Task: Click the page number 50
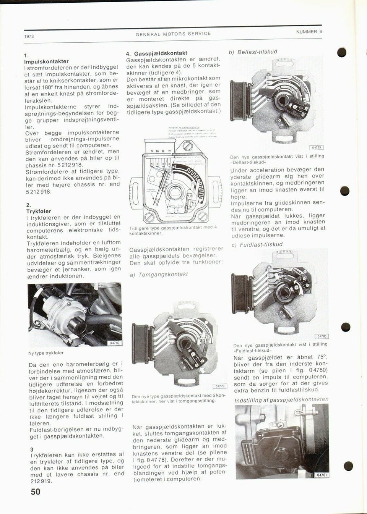(x=36, y=492)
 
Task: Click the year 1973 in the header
(x=29, y=37)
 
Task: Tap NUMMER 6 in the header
(x=309, y=32)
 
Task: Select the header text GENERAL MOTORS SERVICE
(x=173, y=34)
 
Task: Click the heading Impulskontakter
(x=47, y=61)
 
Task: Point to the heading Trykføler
(x=39, y=211)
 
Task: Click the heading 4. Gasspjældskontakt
(x=157, y=53)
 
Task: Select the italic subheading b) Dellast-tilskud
(x=253, y=52)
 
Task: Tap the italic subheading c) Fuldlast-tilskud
(x=257, y=244)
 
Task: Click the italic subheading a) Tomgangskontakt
(x=159, y=274)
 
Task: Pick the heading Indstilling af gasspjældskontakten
(x=281, y=399)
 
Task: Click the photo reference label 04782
(x=115, y=343)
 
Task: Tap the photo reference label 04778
(x=220, y=386)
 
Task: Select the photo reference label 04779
(x=317, y=147)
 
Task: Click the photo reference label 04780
(x=322, y=336)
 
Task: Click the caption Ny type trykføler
(x=46, y=353)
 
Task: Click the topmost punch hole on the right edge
(x=342, y=53)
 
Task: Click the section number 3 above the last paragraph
(x=32, y=449)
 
